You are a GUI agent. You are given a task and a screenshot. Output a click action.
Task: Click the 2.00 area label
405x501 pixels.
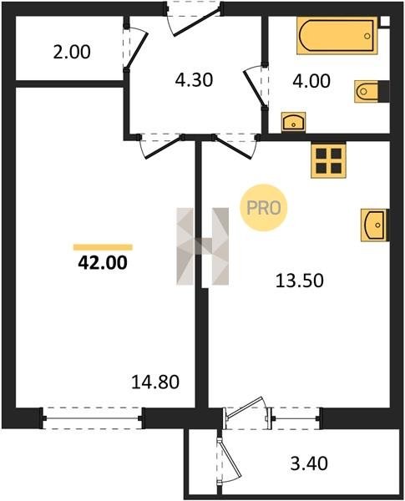tap(72, 53)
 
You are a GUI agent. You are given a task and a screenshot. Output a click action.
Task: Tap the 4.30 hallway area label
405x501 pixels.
tap(194, 80)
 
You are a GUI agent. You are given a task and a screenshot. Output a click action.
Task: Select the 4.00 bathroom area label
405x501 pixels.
tap(311, 81)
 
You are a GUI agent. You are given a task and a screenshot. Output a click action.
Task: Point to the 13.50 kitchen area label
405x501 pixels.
tap(300, 281)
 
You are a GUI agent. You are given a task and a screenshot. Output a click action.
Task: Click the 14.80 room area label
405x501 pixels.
tap(155, 382)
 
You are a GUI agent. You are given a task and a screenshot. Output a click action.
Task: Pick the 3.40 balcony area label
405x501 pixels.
tap(309, 463)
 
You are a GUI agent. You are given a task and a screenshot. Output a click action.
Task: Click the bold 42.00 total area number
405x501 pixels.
tap(103, 263)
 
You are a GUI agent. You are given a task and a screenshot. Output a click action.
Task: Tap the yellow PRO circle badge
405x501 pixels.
tap(264, 208)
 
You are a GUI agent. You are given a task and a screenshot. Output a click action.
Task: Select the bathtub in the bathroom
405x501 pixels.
tap(337, 35)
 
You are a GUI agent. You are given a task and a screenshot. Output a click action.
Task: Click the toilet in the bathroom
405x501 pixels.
tap(372, 91)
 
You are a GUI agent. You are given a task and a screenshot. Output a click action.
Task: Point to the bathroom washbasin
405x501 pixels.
tap(293, 122)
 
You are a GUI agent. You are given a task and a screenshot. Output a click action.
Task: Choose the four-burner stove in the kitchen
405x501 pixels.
tap(329, 159)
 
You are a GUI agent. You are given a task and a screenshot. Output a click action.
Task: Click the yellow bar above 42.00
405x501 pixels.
tap(103, 247)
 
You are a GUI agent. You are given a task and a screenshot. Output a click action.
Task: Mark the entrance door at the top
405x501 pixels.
tap(194, 18)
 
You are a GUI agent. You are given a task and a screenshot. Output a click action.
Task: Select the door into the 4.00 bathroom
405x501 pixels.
tap(256, 87)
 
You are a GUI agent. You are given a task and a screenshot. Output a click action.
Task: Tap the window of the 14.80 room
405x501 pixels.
tap(93, 418)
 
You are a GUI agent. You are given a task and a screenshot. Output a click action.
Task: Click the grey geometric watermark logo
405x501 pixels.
tap(203, 246)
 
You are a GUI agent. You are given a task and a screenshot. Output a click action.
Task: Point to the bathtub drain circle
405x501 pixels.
tap(367, 36)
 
